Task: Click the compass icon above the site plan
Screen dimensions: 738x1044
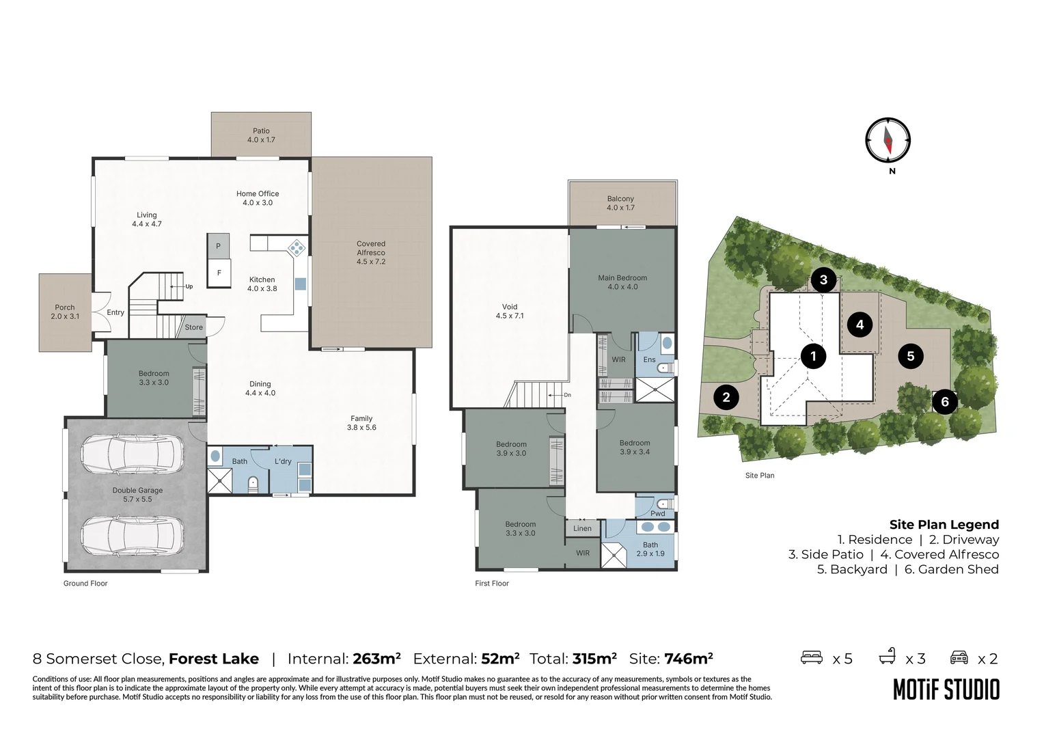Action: click(888, 140)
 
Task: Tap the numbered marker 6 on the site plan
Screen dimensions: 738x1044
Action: click(945, 402)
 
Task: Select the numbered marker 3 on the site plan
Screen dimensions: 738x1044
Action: click(823, 279)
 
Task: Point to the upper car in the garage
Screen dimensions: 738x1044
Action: click(132, 454)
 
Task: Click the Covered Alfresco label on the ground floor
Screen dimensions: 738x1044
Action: click(371, 252)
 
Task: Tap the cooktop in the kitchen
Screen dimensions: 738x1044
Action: click(297, 247)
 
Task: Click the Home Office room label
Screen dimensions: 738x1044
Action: click(258, 198)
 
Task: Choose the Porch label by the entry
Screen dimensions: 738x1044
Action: click(65, 312)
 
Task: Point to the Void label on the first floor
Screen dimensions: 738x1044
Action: click(510, 311)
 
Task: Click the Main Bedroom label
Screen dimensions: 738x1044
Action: click(622, 282)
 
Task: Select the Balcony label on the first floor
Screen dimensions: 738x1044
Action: click(620, 203)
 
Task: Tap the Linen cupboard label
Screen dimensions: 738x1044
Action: click(582, 528)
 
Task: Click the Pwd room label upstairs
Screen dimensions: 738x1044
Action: click(657, 513)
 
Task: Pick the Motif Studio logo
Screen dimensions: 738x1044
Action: click(946, 689)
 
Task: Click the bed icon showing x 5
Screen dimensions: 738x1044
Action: click(812, 657)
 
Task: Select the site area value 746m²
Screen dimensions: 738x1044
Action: click(688, 659)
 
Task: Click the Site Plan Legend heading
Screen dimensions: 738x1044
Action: click(944, 525)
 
